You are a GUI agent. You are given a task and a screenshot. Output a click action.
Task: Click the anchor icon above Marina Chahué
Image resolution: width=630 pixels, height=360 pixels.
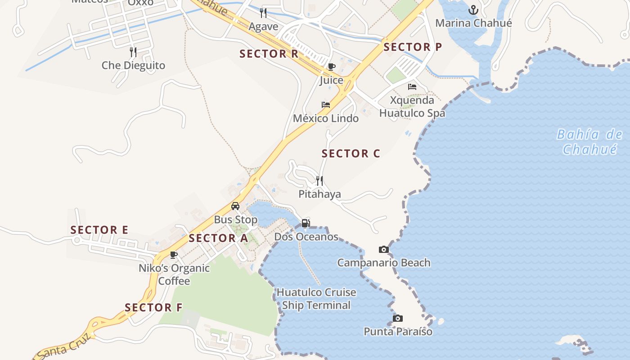473,9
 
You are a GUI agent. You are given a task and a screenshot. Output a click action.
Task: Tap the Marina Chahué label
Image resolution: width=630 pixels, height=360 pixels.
473,23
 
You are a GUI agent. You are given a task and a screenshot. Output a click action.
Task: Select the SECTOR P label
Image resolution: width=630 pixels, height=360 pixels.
413,47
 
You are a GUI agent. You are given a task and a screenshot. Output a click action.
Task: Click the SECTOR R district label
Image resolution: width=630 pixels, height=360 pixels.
269,54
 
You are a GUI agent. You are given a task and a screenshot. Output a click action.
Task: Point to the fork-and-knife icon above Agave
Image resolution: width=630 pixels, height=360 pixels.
263,13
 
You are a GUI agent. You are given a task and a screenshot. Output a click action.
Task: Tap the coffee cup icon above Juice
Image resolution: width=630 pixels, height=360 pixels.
332,67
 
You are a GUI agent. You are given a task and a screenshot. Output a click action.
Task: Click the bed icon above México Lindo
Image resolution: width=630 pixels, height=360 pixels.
326,105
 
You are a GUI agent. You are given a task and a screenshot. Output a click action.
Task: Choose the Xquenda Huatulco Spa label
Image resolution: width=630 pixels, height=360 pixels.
412,107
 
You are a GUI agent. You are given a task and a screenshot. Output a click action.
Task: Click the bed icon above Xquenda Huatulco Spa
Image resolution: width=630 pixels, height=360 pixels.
412,87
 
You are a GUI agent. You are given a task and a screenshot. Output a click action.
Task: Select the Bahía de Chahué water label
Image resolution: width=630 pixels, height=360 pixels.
589,141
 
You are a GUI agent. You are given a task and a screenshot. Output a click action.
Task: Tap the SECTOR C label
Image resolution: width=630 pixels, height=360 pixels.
351,153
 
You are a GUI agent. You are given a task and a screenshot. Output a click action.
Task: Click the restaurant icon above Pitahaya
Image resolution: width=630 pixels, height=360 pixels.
319,181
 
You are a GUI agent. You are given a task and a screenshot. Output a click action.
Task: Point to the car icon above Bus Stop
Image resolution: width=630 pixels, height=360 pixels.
235,206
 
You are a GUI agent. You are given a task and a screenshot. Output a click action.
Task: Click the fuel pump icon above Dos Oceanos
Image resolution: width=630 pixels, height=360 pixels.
306,223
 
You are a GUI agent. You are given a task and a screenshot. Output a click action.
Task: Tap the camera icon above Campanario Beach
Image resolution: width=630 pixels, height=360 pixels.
384,249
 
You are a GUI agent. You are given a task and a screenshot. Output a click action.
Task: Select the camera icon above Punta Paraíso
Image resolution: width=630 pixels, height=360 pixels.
398,319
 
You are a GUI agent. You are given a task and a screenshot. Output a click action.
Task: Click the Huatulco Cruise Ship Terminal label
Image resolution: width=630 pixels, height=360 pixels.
316,299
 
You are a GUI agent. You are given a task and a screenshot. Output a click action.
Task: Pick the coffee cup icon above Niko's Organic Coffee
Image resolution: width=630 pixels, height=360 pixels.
174,255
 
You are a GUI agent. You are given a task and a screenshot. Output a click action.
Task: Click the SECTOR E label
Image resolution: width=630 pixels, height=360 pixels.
99,230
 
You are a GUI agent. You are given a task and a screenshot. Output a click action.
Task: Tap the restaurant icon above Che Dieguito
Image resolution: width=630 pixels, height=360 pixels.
133,52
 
